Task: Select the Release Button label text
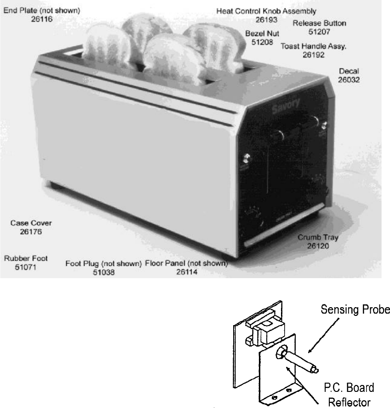tap(319, 23)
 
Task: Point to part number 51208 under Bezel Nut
tap(263, 42)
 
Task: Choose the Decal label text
tap(349, 71)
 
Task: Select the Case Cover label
tap(31, 223)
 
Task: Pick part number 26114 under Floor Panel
tap(186, 272)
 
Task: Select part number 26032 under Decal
tap(349, 79)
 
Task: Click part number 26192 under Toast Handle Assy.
tap(314, 54)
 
